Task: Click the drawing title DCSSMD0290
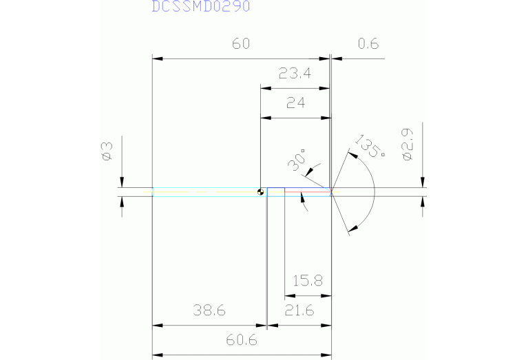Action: pos(201,7)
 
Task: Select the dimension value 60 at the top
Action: pos(240,44)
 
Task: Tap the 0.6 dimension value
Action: pos(368,44)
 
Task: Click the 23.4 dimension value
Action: pos(295,74)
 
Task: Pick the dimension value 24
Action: pos(295,103)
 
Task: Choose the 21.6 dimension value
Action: pos(299,310)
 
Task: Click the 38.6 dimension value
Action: pos(209,310)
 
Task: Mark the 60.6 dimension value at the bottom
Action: pos(240,341)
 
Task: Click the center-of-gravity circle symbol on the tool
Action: pos(260,192)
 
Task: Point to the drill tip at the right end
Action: pos(332,192)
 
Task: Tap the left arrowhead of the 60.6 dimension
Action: pos(156,355)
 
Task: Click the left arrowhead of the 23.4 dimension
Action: pos(264,88)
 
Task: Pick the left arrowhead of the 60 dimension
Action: pos(156,59)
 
